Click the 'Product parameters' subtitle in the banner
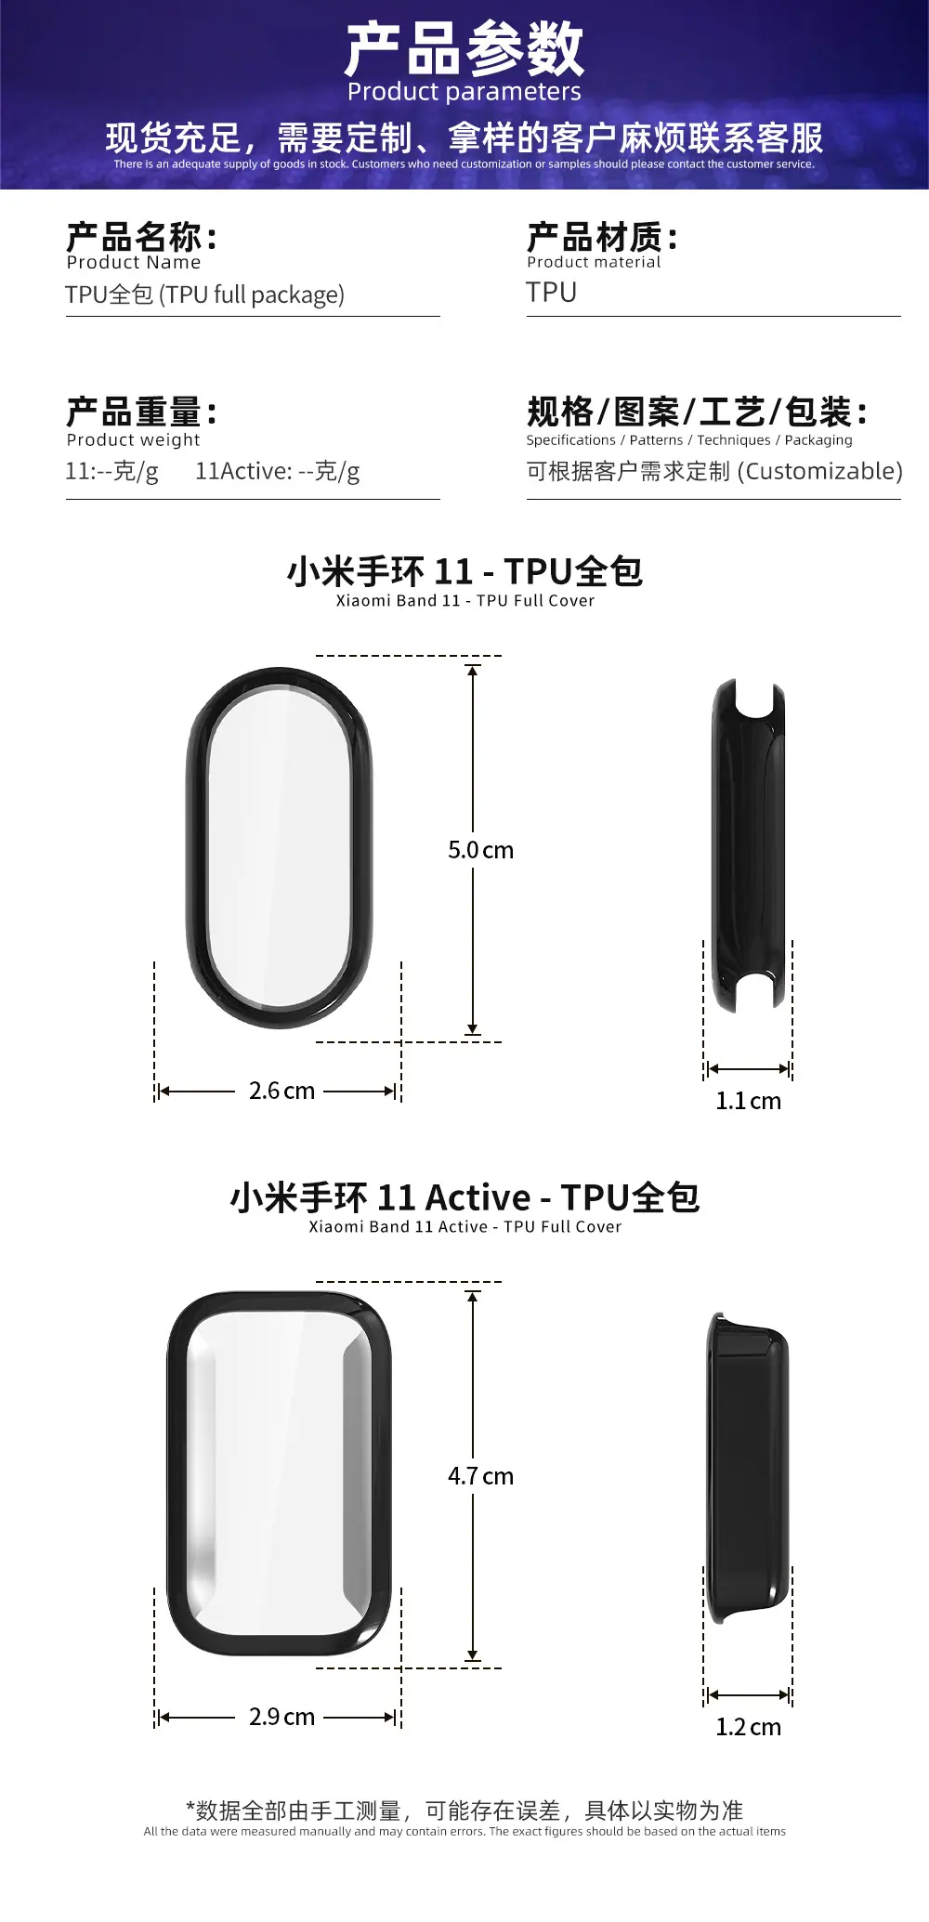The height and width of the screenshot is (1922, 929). (464, 92)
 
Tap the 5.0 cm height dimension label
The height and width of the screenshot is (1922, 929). (480, 850)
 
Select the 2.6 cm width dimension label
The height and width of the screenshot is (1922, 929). (281, 1091)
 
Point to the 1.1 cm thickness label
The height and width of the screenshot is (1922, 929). (748, 1101)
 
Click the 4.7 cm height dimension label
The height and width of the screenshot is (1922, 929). (480, 1476)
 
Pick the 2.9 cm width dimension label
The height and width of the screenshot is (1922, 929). (281, 1717)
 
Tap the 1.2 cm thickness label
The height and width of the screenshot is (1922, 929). (748, 1727)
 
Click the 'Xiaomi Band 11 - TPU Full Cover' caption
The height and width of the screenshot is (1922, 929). (464, 601)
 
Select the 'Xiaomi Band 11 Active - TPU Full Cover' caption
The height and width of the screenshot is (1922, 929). (464, 1227)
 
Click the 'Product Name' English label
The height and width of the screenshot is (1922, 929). (134, 263)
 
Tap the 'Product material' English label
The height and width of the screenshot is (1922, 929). (594, 263)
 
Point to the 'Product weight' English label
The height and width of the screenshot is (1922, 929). (134, 440)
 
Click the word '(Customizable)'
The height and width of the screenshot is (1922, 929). (820, 472)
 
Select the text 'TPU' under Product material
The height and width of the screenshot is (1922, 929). (552, 293)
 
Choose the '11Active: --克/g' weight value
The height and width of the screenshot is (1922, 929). (277, 472)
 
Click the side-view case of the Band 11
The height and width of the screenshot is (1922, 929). (749, 845)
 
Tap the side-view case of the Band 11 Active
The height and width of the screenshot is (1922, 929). (748, 1468)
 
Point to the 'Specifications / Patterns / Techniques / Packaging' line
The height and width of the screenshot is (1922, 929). (689, 440)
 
